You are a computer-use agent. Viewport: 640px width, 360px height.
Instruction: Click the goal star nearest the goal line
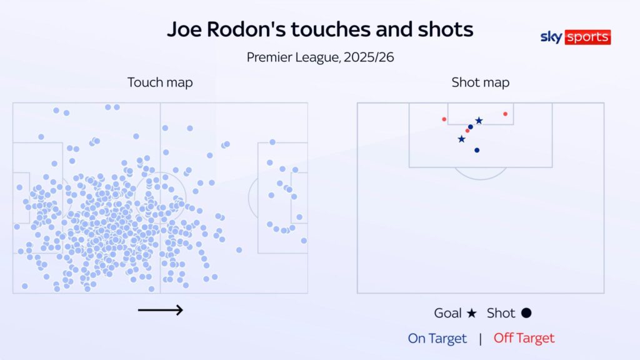pyautogui.click(x=479, y=121)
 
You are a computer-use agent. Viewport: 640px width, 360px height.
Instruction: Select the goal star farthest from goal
pyautogui.click(x=461, y=139)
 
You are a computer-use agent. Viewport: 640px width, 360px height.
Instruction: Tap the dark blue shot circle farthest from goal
pyautogui.click(x=477, y=150)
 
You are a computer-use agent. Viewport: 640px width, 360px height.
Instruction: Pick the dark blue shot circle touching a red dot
pyautogui.click(x=471, y=127)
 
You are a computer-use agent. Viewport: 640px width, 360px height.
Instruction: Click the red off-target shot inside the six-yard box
pyautogui.click(x=505, y=114)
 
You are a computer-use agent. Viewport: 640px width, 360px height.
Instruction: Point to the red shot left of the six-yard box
pyautogui.click(x=444, y=119)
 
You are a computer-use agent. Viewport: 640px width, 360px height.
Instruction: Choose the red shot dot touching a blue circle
pyautogui.click(x=467, y=131)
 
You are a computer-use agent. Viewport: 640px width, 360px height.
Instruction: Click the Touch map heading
pyautogui.click(x=160, y=82)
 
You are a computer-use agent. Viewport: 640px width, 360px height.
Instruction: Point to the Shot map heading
pyautogui.click(x=480, y=82)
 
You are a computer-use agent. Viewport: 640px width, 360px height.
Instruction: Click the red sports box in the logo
pyautogui.click(x=587, y=37)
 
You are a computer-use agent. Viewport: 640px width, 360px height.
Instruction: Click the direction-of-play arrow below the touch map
pyautogui.click(x=160, y=309)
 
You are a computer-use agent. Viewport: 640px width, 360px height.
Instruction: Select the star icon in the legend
pyautogui.click(x=472, y=313)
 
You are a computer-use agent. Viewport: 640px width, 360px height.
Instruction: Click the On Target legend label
pyautogui.click(x=437, y=338)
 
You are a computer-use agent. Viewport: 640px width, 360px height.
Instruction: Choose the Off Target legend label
pyautogui.click(x=524, y=338)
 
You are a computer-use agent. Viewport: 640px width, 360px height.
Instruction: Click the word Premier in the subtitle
pyautogui.click(x=270, y=57)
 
